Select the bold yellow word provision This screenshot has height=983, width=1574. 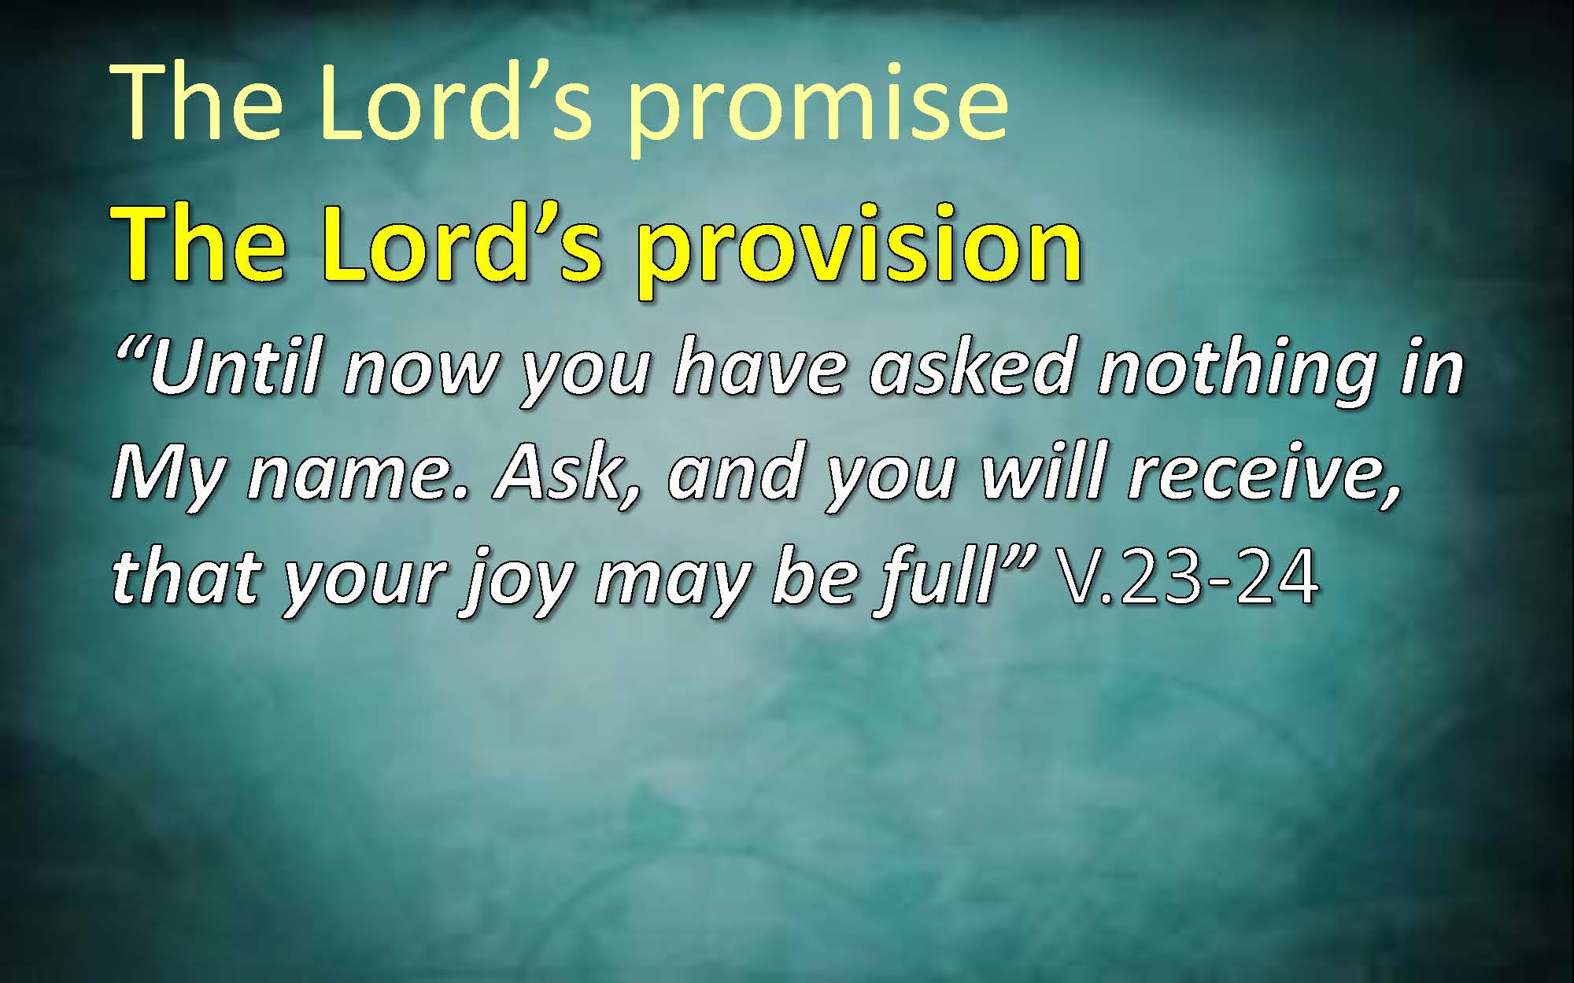pyautogui.click(x=859, y=246)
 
